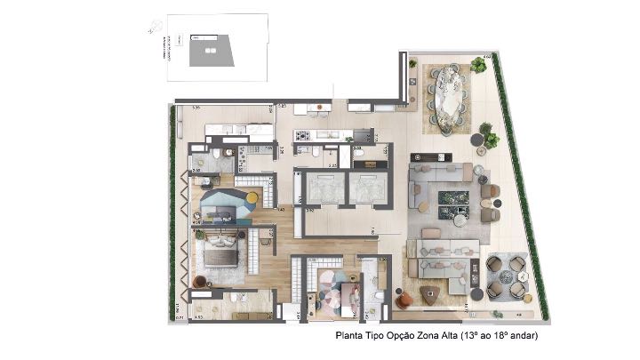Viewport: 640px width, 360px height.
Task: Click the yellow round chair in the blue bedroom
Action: (x=252, y=197)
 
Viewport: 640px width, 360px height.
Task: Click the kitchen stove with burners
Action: (x=302, y=136)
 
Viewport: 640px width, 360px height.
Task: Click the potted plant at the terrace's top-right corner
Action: (x=479, y=64)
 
